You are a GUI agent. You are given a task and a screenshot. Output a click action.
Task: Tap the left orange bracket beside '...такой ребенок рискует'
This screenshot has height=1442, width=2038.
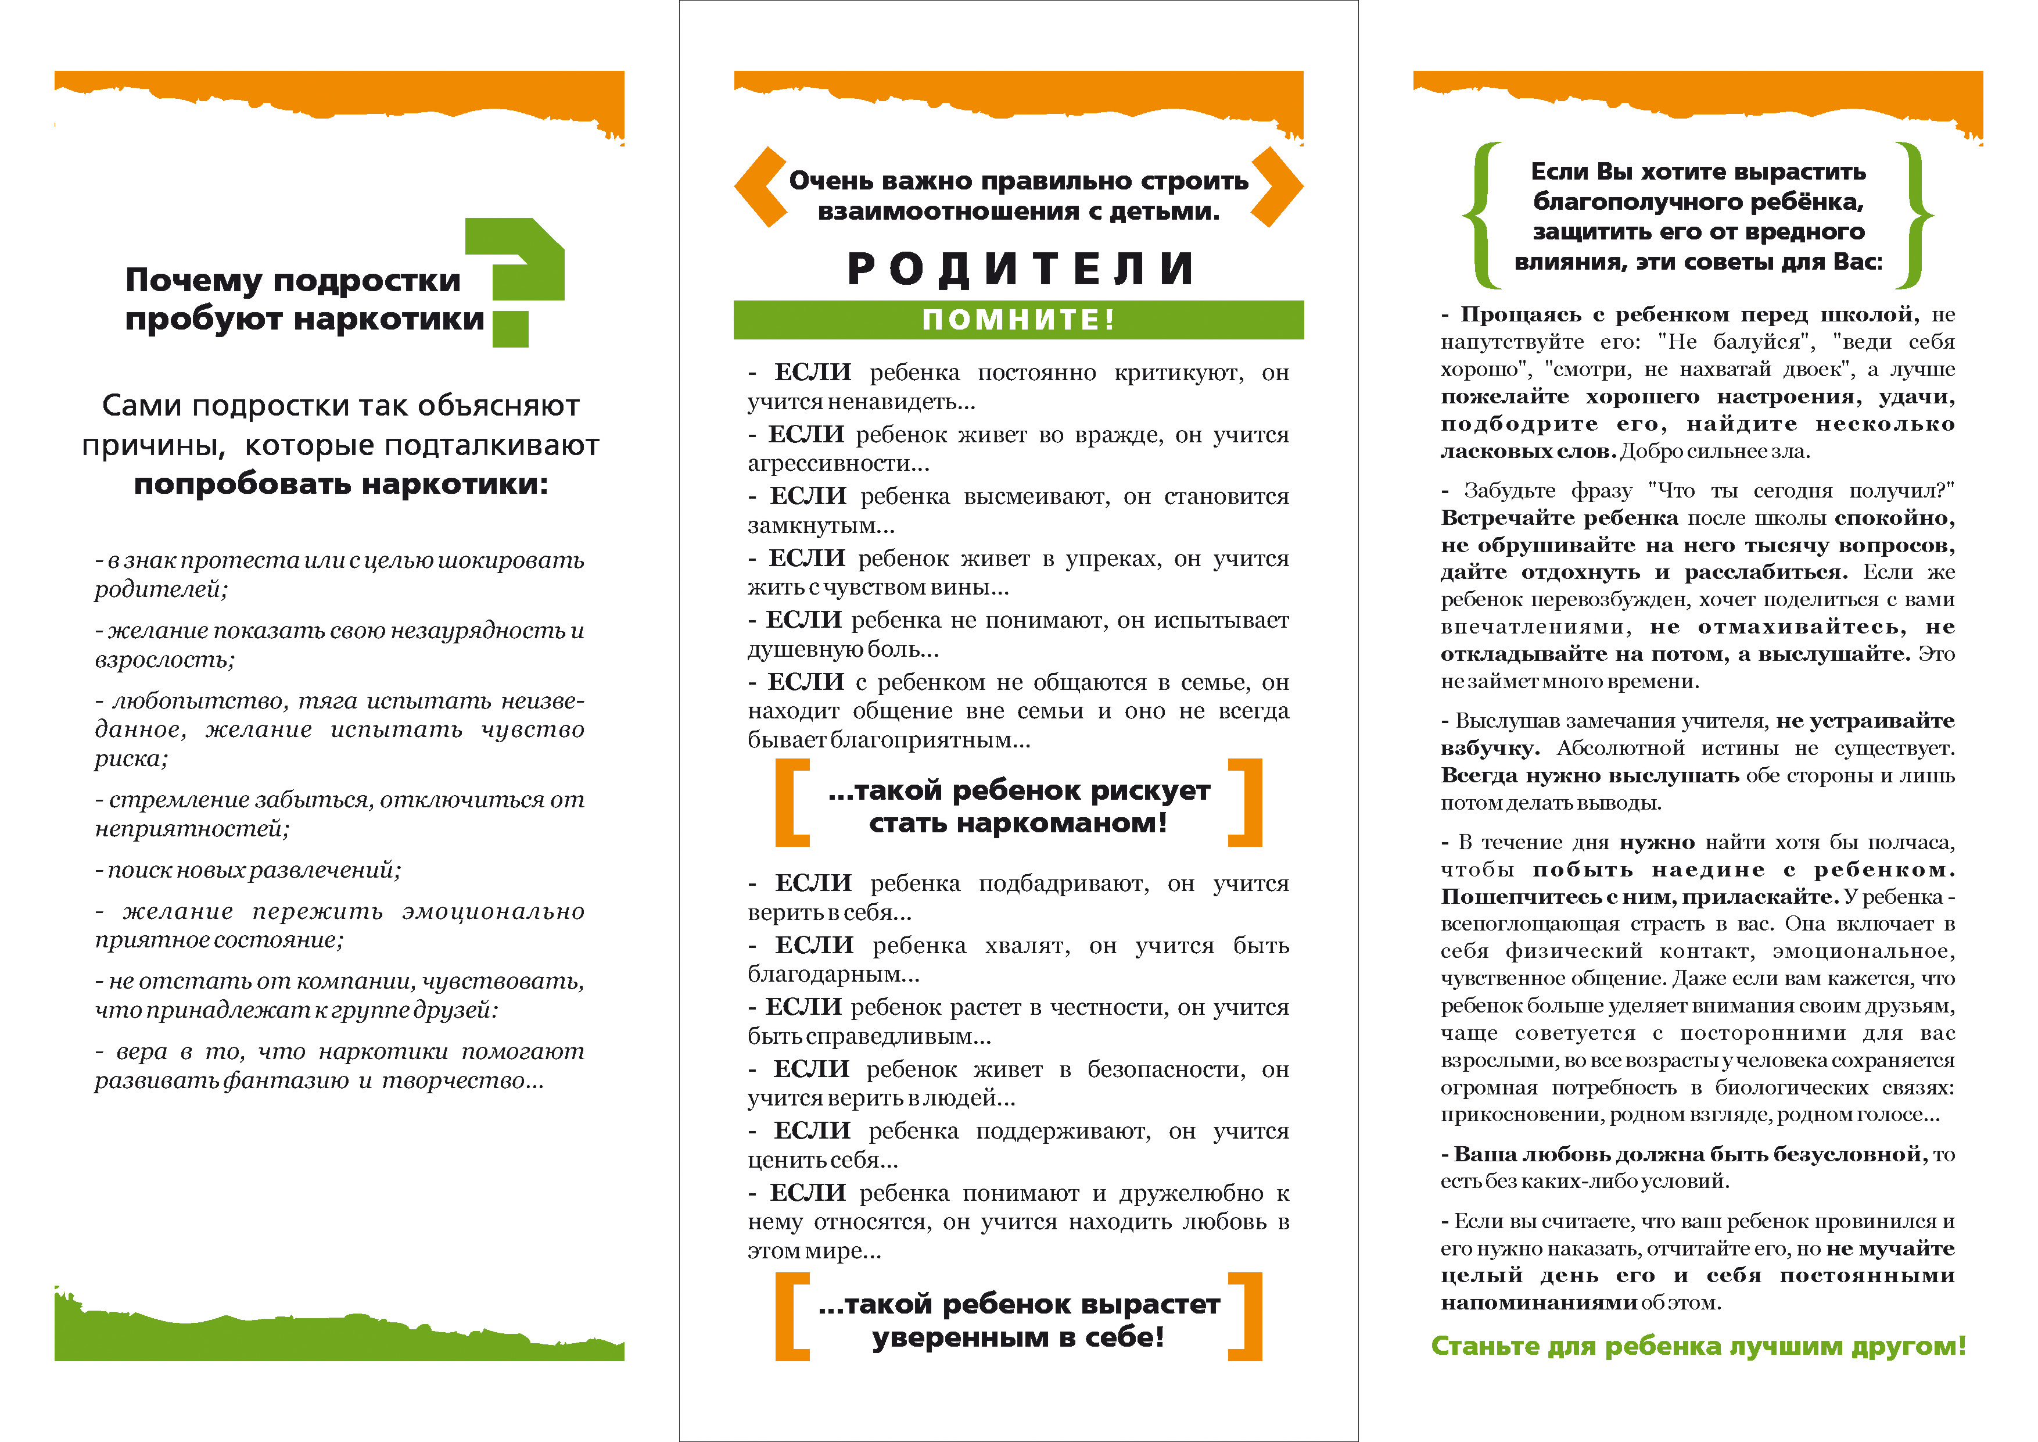tap(792, 802)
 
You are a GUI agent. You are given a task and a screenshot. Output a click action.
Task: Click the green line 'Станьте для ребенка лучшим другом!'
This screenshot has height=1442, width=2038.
tap(1698, 1346)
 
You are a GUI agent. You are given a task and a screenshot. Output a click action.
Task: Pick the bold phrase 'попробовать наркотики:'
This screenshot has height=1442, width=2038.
tap(341, 485)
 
